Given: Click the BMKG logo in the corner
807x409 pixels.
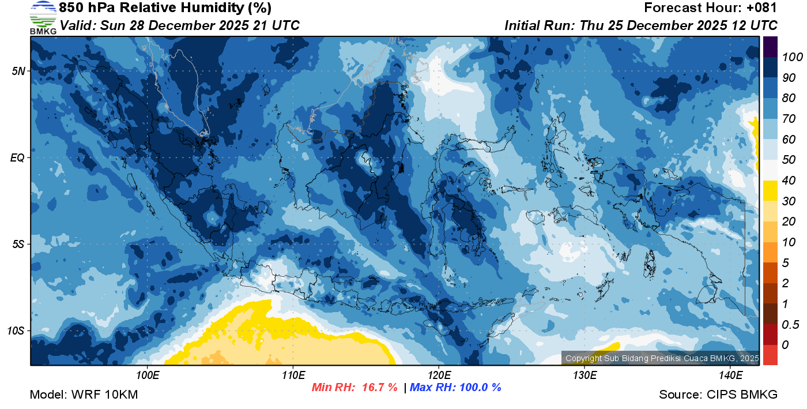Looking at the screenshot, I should point(43,18).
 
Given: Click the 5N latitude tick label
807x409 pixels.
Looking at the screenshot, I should point(18,71).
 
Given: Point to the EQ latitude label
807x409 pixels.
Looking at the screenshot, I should point(17,157).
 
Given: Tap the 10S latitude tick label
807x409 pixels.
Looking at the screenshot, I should point(16,331).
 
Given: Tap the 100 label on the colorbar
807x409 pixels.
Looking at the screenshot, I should point(789,57).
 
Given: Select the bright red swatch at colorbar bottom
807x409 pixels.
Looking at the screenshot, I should point(770,354).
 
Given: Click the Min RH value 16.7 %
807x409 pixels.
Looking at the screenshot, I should point(379,388).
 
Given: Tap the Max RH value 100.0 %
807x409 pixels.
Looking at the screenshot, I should point(479,388).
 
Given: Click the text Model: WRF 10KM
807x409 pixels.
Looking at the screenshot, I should point(84,395).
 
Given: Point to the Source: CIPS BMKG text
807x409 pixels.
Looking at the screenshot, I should point(718,395).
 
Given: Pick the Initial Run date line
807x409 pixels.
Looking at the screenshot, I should point(641,25).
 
